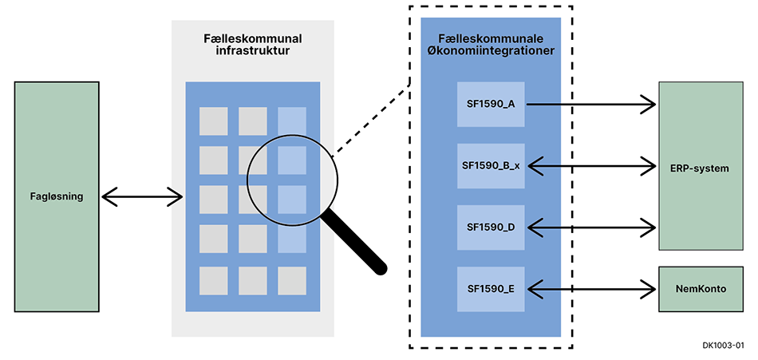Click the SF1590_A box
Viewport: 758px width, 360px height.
(491, 104)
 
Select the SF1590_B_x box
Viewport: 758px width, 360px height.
(491, 166)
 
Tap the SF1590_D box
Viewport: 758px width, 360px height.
(491, 227)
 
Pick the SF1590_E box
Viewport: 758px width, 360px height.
(491, 289)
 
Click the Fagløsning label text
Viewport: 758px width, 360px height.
(56, 196)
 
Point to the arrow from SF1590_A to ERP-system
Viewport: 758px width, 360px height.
(590, 104)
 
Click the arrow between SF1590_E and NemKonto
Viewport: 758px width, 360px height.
(590, 289)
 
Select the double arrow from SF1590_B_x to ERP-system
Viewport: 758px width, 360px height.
(590, 166)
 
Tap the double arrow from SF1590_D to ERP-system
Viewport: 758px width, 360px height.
(590, 227)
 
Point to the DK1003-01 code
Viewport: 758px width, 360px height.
(723, 346)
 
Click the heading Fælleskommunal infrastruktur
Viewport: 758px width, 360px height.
(252, 45)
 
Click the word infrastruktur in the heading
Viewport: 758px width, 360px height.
(252, 52)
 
